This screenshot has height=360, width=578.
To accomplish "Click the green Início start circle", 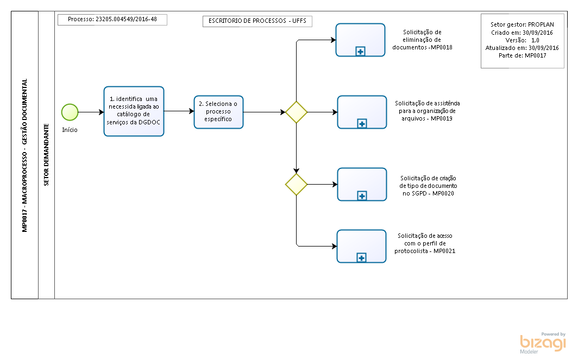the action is click(x=70, y=112).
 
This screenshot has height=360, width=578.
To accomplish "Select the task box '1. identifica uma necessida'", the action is click(x=134, y=111).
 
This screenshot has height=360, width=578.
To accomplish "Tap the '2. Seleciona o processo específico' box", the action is click(x=218, y=112).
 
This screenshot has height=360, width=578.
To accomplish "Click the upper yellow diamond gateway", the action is click(x=297, y=112).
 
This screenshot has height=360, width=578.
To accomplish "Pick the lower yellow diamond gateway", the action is click(x=297, y=184).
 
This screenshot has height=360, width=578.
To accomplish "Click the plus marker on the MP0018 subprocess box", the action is click(x=361, y=51).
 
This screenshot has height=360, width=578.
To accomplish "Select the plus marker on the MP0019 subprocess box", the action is click(x=362, y=123).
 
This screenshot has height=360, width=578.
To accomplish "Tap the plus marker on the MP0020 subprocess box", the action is click(x=362, y=195).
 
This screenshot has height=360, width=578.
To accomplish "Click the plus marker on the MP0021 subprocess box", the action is click(x=362, y=257).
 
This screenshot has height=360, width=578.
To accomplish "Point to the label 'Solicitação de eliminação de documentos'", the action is click(x=422, y=40).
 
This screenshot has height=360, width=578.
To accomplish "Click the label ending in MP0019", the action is click(x=427, y=111).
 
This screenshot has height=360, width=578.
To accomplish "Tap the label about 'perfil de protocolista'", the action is click(x=425, y=243).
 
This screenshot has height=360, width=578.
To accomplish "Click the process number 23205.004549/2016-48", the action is click(x=126, y=19).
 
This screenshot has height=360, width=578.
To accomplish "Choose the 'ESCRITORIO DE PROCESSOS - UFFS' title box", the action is click(x=257, y=21).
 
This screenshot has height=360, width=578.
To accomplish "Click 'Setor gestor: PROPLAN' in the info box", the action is click(x=522, y=24).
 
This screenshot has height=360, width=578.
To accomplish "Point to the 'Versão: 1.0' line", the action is click(x=523, y=40).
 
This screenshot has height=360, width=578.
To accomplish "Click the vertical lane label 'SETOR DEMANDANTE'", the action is click(x=47, y=155).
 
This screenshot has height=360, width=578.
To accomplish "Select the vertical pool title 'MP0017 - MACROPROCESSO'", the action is click(x=24, y=191).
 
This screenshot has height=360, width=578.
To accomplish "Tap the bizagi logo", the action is click(x=543, y=343).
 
